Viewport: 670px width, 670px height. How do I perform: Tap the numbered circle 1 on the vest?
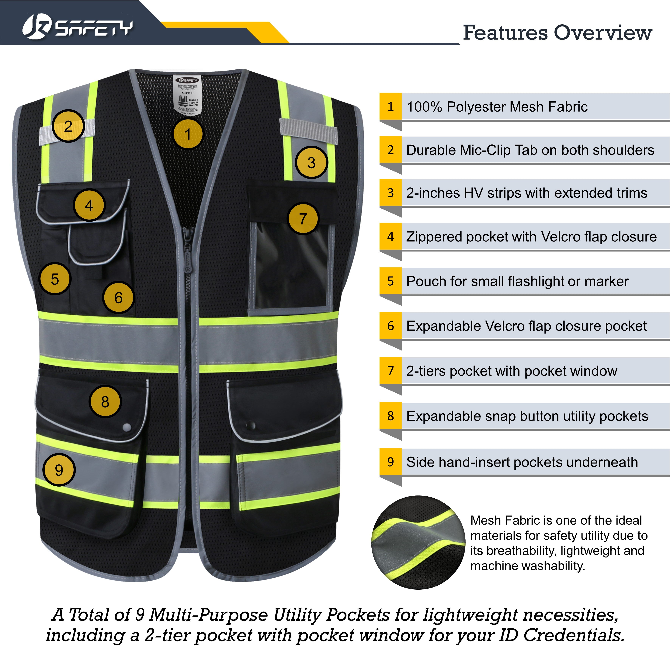188,134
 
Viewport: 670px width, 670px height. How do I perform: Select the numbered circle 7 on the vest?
303,218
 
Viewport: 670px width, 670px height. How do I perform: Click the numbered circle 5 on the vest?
55,279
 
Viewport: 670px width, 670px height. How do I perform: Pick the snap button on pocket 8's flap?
127,427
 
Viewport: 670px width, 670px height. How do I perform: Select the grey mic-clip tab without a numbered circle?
308,130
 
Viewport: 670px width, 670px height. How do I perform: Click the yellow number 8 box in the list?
391,416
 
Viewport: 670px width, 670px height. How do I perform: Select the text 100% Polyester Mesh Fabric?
497,107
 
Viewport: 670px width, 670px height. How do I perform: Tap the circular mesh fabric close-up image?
418,543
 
